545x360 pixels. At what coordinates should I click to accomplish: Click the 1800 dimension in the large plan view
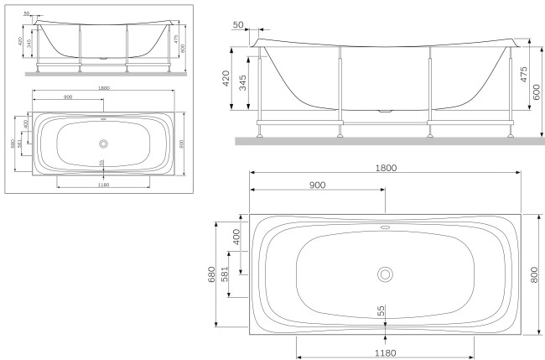[x=385, y=168]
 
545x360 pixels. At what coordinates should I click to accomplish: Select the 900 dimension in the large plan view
[x=318, y=185]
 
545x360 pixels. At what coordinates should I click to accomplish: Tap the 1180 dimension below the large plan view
[x=385, y=352]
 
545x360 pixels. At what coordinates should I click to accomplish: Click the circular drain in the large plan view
[x=385, y=274]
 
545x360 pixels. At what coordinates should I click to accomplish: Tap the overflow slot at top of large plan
[x=385, y=226]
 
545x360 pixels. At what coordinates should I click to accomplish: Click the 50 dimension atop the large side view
[x=239, y=25]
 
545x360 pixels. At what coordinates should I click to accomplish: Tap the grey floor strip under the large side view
[x=385, y=141]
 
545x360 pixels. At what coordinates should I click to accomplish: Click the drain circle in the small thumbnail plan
[x=102, y=141]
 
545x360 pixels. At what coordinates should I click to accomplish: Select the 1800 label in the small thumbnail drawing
[x=102, y=88]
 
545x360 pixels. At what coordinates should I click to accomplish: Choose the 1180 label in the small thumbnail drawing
[x=102, y=184]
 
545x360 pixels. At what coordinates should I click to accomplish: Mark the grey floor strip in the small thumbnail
[x=102, y=74]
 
